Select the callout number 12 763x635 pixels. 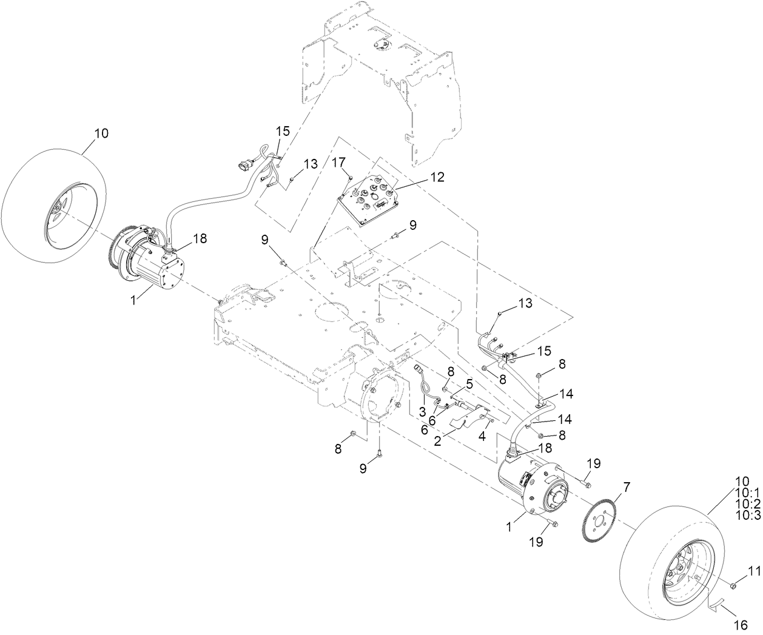[437, 177]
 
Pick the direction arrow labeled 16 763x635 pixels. [719, 603]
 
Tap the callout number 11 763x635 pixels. [753, 571]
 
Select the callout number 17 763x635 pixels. [338, 162]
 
